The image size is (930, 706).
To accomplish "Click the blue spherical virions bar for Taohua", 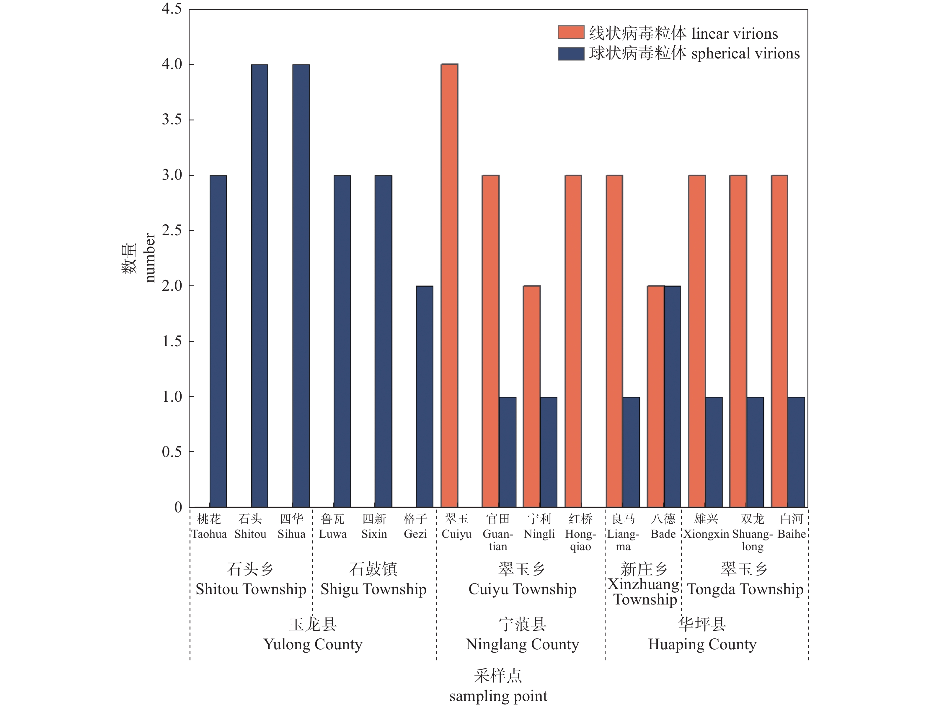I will pyautogui.click(x=218, y=341).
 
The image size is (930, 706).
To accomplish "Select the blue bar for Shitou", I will pyautogui.click(x=260, y=286).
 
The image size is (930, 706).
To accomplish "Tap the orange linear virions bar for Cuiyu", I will pyautogui.click(x=449, y=286).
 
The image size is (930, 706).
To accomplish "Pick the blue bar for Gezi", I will pyautogui.click(x=424, y=396).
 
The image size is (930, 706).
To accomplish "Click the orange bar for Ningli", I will pyautogui.click(x=531, y=396).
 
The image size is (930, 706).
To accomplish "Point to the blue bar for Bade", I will pyautogui.click(x=672, y=396).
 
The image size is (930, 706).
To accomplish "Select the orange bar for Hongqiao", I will pyautogui.click(x=573, y=341).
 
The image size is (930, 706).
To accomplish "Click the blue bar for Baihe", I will pyautogui.click(x=796, y=452).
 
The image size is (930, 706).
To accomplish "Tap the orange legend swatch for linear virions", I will pyautogui.click(x=570, y=32).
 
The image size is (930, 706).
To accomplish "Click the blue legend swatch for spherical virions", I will pyautogui.click(x=570, y=53).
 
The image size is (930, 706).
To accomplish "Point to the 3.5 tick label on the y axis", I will pyautogui.click(x=172, y=120).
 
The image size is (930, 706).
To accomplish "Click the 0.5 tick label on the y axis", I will pyautogui.click(x=172, y=452).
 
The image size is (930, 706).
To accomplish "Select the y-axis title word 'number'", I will pyautogui.click(x=150, y=258).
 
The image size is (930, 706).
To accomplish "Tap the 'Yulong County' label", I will pyautogui.click(x=313, y=644).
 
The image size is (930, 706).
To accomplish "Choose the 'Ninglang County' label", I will pyautogui.click(x=522, y=644).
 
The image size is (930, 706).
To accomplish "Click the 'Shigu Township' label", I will pyautogui.click(x=373, y=589).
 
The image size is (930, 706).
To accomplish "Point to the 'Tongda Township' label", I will pyautogui.click(x=745, y=589).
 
